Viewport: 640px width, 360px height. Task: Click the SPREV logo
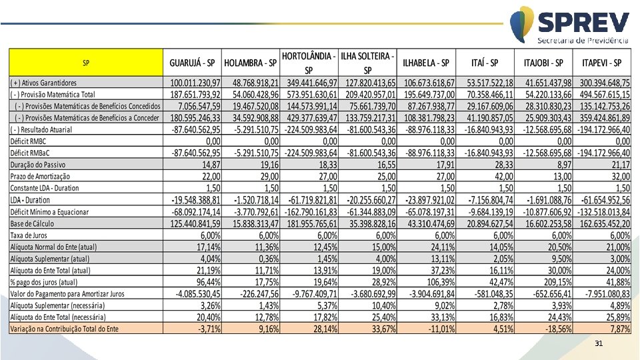point(570,25)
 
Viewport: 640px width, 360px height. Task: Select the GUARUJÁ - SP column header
point(192,63)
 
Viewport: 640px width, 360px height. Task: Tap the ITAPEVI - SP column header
point(602,63)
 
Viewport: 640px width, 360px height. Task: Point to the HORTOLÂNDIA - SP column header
point(309,63)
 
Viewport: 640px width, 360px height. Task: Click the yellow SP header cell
point(86,63)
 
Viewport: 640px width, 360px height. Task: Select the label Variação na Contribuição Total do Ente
point(64,329)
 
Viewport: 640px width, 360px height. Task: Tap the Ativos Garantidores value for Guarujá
point(193,83)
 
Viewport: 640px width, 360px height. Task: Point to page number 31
point(599,343)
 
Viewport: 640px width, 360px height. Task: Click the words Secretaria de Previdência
point(583,41)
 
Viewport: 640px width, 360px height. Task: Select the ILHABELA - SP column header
point(426,63)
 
